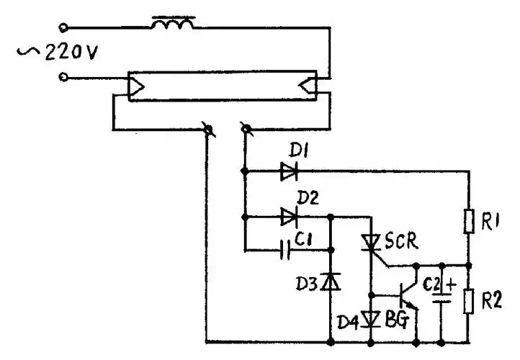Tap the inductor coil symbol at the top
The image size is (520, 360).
click(172, 26)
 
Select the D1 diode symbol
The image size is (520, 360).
click(289, 171)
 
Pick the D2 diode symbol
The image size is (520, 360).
click(289, 215)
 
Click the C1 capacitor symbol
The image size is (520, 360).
click(286, 251)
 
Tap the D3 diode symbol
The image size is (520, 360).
click(331, 280)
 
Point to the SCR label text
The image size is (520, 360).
click(400, 240)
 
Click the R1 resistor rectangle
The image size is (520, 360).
click(468, 221)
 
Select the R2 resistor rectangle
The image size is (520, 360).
click(468, 301)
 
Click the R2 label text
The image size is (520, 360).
click(492, 301)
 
